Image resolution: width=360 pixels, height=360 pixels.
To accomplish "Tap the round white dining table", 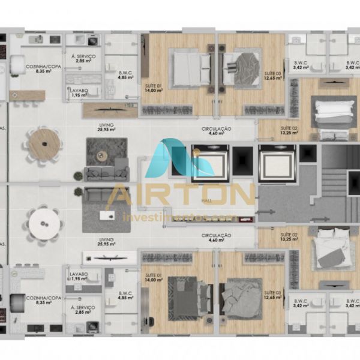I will [45, 223].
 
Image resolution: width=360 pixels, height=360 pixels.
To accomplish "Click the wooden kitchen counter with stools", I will [27, 95].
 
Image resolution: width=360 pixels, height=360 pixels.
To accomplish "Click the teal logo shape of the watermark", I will [172, 158].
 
